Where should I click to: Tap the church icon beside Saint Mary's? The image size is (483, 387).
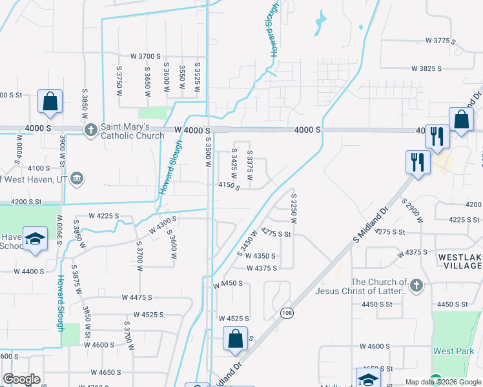click(x=90, y=130)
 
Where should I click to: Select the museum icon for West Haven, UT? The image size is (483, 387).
click(x=77, y=177)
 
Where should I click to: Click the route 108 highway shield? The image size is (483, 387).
click(x=287, y=313)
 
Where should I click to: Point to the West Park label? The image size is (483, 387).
click(x=449, y=351)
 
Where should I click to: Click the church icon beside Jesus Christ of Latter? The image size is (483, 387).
click(x=417, y=284)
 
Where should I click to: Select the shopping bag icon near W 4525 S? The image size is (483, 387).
click(x=235, y=339)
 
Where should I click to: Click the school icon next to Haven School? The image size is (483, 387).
click(x=35, y=239)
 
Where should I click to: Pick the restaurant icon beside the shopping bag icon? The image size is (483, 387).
click(x=437, y=136)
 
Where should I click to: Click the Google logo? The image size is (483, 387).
click(x=21, y=379)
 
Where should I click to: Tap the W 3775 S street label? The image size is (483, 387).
click(x=440, y=41)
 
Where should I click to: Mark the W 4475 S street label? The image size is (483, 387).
click(x=137, y=297)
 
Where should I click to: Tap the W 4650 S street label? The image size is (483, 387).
click(x=106, y=372)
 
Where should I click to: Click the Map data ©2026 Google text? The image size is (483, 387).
click(x=443, y=382)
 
